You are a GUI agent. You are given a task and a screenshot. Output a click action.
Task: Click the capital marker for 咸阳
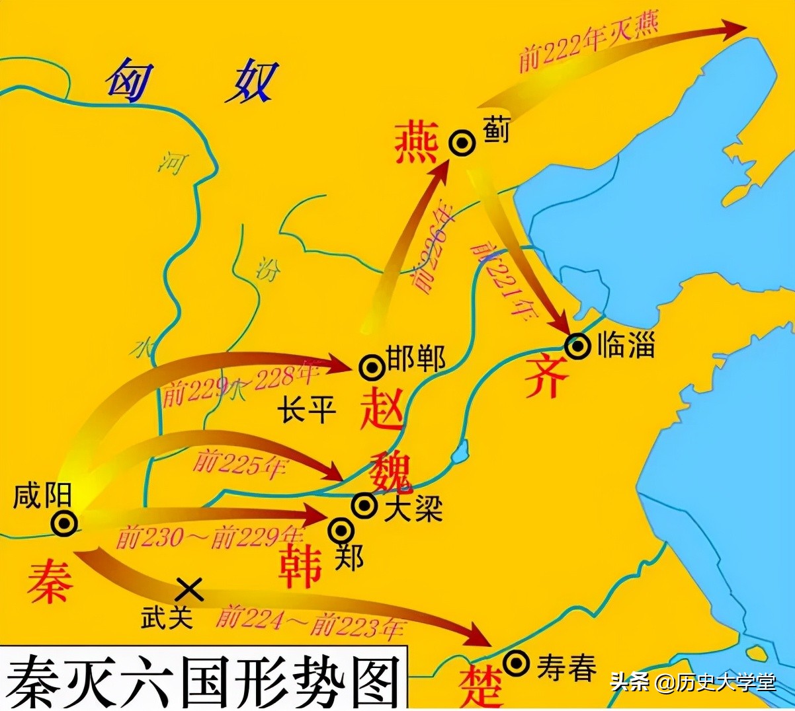65,523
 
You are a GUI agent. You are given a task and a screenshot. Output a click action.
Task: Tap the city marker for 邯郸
372,367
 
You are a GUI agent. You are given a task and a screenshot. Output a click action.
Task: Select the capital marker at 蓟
462,143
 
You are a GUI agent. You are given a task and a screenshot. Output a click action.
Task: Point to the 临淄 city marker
577,346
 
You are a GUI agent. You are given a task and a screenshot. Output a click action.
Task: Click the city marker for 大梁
364,505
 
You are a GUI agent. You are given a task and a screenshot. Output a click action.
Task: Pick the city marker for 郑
342,530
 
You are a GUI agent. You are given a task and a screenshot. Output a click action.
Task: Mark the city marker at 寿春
516,662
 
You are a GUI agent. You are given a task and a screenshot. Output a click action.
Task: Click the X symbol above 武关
190,589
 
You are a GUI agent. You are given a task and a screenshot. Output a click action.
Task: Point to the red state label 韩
301,567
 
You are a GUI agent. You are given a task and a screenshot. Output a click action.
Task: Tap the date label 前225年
239,463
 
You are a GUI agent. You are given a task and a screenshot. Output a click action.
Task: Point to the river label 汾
267,270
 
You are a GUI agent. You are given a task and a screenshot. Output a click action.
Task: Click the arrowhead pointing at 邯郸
341,365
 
